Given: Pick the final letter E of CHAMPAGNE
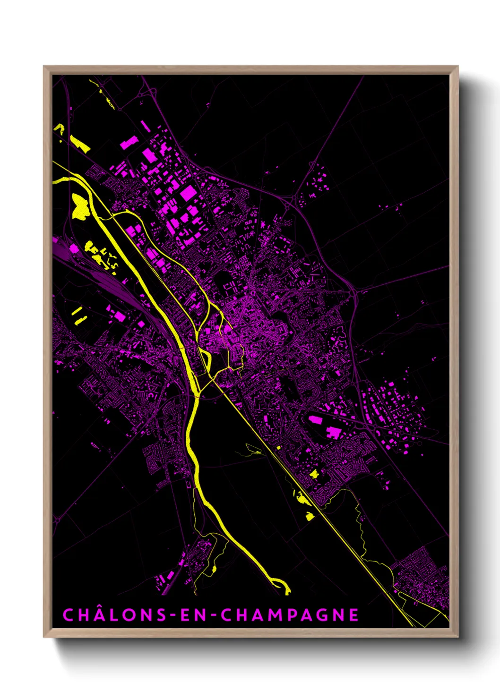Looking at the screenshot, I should click(x=353, y=615).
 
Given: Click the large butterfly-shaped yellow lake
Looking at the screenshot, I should click(x=79, y=206).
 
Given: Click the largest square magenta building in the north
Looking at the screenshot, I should click(x=188, y=193).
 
